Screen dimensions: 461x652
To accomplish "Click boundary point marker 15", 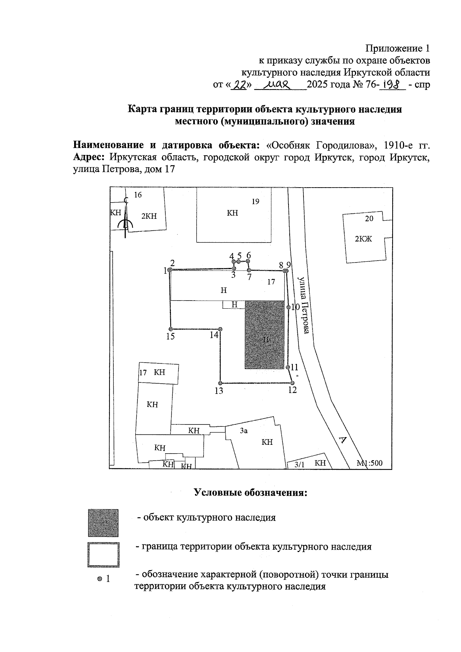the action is pyautogui.click(x=171, y=329).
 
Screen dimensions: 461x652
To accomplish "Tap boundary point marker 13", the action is pyautogui.click(x=220, y=383).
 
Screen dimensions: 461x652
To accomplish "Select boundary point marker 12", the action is pyautogui.click(x=292, y=383).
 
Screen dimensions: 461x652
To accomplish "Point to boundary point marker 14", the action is pyautogui.click(x=220, y=329).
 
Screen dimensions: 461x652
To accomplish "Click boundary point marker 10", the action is pyautogui.click(x=288, y=308).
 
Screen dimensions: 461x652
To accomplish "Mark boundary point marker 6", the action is pyautogui.click(x=248, y=261).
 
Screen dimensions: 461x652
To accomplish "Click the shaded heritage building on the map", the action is pyautogui.click(x=267, y=335).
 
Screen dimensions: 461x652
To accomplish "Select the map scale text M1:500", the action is pyautogui.click(x=370, y=463).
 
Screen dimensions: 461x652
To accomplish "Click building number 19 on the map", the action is pyautogui.click(x=255, y=201).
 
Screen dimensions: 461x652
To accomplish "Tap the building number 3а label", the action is pyautogui.click(x=244, y=431).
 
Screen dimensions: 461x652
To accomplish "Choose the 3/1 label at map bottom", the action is pyautogui.click(x=299, y=464).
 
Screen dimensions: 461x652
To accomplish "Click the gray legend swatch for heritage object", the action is pyautogui.click(x=103, y=523).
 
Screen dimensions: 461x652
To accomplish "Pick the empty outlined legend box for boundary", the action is pyautogui.click(x=103, y=555).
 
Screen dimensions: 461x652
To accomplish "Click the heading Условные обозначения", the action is pyautogui.click(x=250, y=493).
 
